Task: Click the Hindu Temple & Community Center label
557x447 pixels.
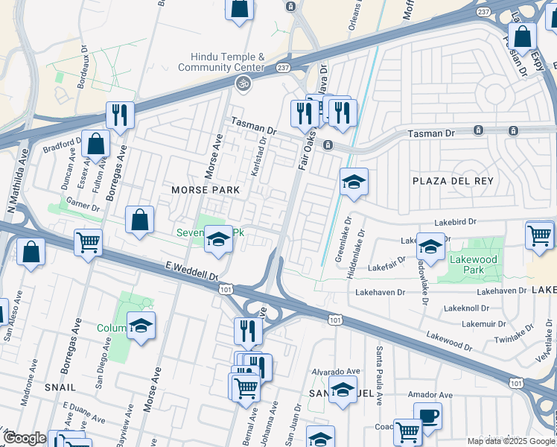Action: coord(227,62)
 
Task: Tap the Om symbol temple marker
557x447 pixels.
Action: coord(242,84)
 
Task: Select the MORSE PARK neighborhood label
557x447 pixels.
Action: coord(206,190)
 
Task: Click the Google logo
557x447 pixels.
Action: coord(25,438)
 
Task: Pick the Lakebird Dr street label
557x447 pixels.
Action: coord(455,221)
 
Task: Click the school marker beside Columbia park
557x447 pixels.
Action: coord(141,326)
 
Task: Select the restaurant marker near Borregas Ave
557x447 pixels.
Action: coord(119,115)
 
